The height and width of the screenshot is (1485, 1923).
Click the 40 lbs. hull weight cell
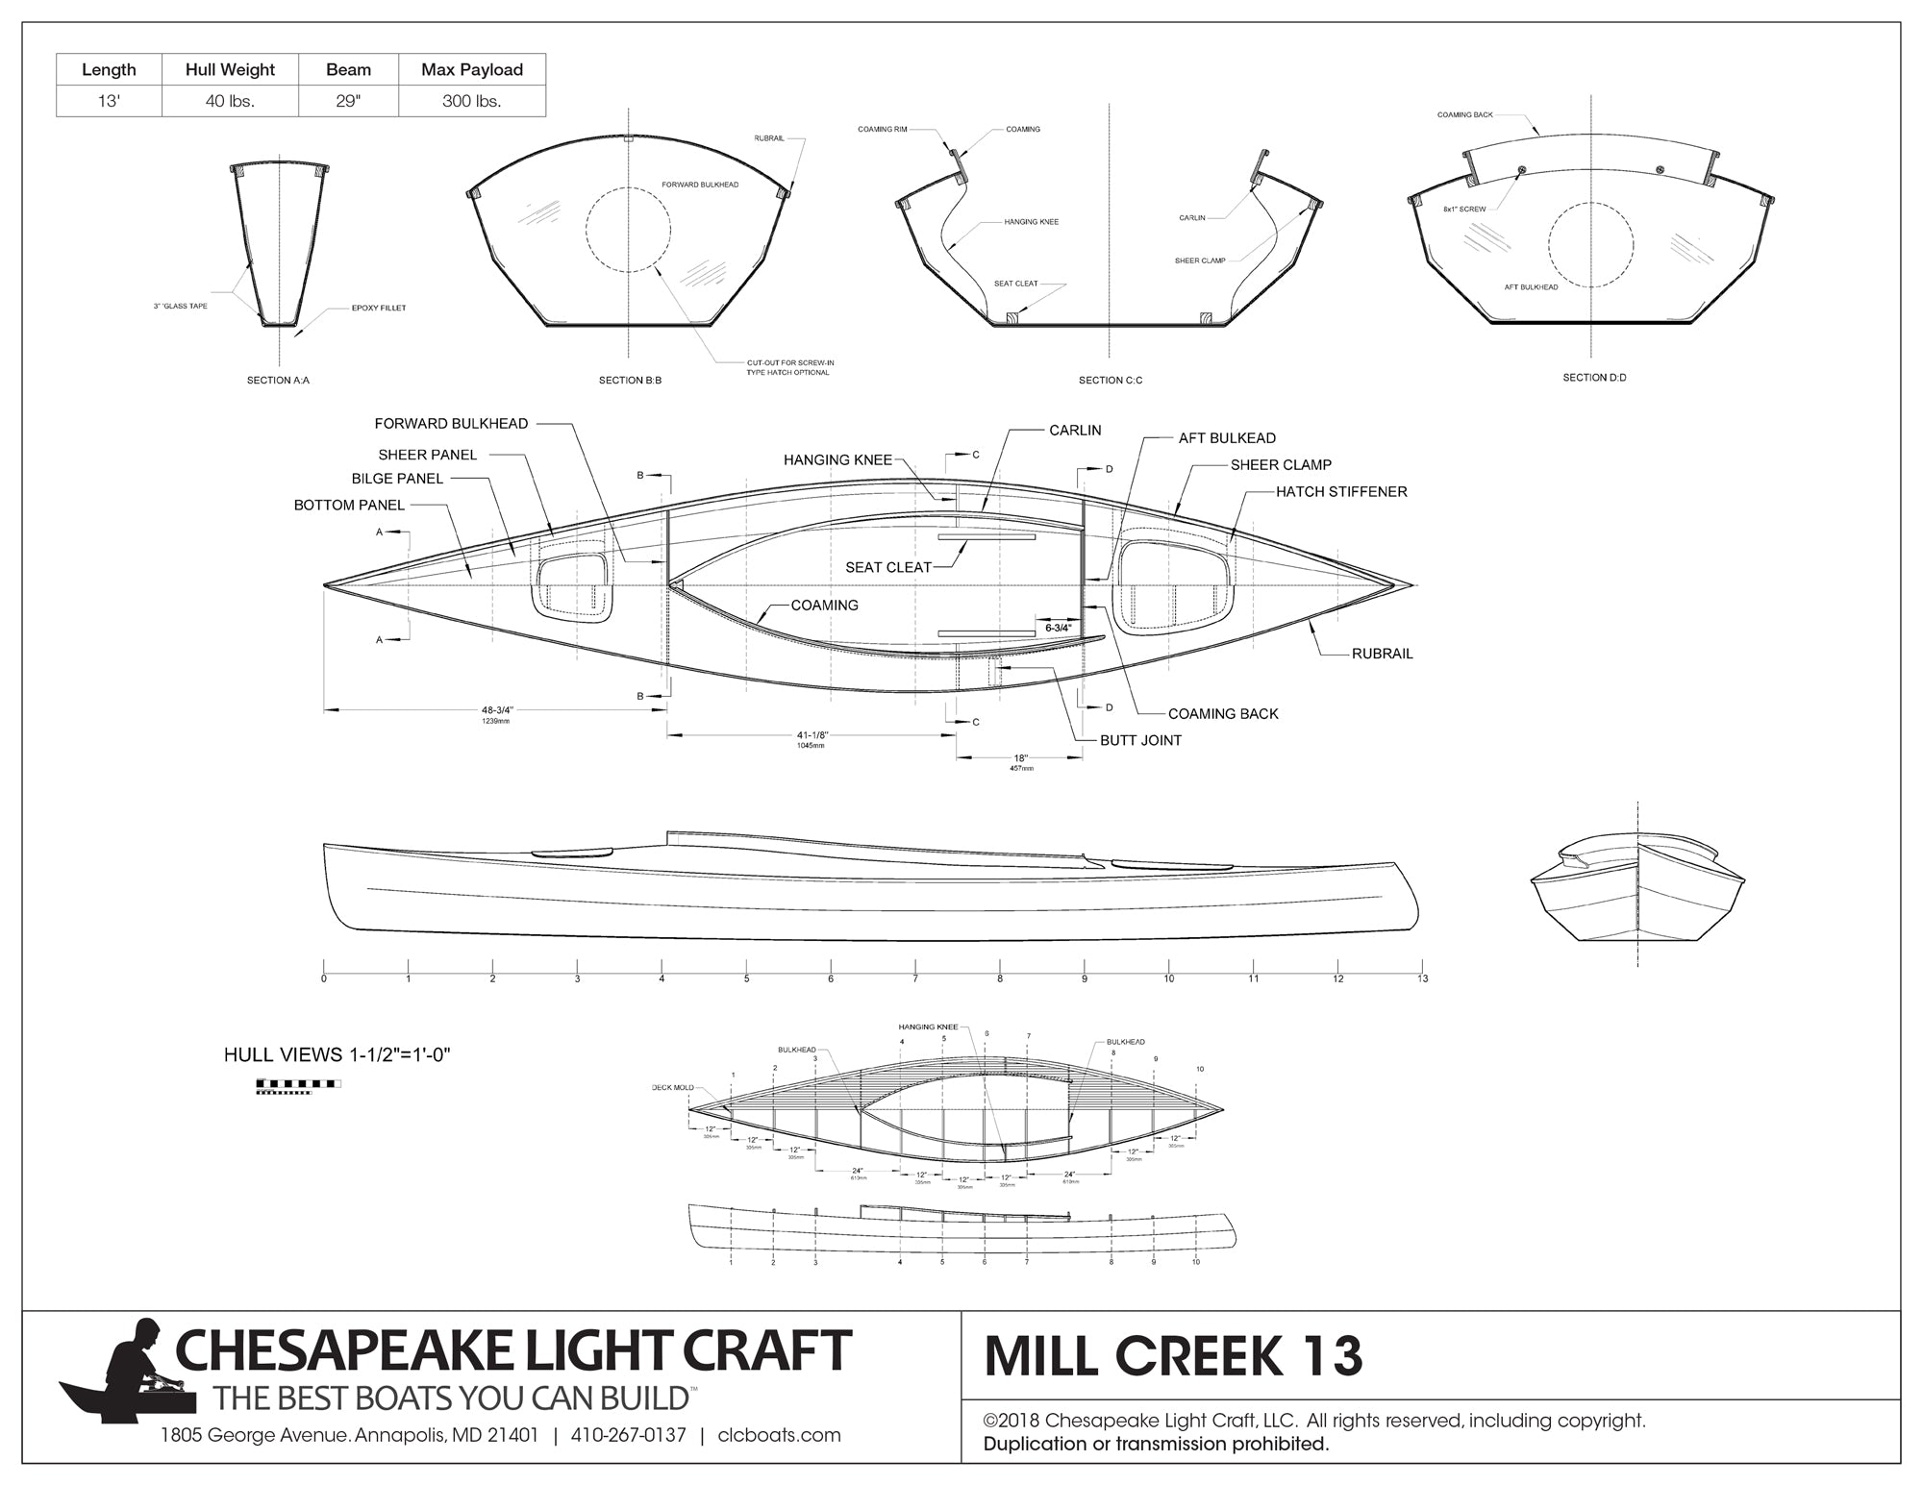click(230, 101)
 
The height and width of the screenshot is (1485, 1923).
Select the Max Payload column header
click(472, 69)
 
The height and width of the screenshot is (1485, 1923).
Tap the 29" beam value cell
click(348, 101)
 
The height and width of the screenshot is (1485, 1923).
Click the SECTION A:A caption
click(278, 381)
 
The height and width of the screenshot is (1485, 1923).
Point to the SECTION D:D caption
click(1594, 378)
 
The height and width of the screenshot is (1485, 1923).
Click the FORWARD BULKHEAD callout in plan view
click(451, 424)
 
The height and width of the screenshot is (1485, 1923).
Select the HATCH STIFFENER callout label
click(1341, 492)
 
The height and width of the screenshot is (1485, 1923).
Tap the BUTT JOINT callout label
click(1140, 741)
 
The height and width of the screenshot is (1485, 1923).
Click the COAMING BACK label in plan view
click(1223, 714)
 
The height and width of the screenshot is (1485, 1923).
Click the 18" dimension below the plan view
click(1021, 758)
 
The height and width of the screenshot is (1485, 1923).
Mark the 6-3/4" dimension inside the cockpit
click(1058, 628)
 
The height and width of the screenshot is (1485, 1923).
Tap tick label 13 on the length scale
click(1422, 978)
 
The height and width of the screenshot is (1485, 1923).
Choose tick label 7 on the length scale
click(915, 978)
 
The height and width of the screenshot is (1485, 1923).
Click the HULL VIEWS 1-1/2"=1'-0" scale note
click(337, 1055)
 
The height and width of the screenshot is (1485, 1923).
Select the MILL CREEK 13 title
click(1173, 1356)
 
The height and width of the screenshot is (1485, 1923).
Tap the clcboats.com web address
click(779, 1436)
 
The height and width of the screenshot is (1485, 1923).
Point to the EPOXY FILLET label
click(379, 309)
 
